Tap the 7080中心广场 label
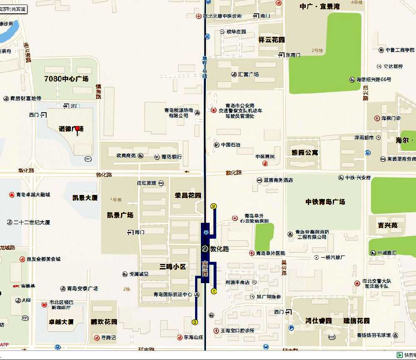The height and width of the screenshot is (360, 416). coord(67,79)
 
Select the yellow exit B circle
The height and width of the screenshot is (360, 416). coord(214,206)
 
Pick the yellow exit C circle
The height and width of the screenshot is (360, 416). coord(214,291)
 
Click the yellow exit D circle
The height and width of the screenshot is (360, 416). coord(195,322)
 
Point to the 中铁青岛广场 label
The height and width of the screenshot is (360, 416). coord(325,202)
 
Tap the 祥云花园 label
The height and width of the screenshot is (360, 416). coord(272,40)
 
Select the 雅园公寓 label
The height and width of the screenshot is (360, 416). coord(305,153)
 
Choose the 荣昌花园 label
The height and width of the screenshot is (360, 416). coord(188,195)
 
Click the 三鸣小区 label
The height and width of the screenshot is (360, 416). coord(173,266)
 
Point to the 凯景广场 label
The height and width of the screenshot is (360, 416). coord(120,215)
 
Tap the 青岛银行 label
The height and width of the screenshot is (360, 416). coord(171,157)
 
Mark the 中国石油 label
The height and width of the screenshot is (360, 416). coord(230,145)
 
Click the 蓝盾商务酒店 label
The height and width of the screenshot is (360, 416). coord(278,180)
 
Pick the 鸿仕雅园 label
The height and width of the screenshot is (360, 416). coord(318,321)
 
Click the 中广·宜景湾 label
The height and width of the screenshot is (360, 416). coord(320,6)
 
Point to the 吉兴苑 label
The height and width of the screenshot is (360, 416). coord(388,225)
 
